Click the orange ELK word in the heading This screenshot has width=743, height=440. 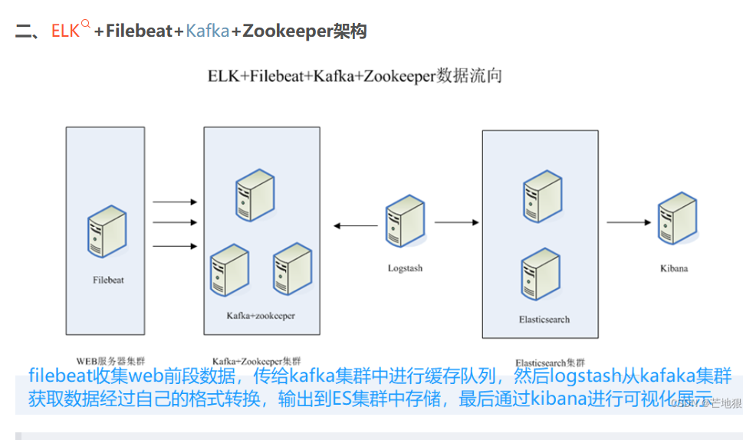(65, 31)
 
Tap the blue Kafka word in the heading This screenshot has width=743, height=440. (207, 31)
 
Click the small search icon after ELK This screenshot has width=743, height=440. (85, 24)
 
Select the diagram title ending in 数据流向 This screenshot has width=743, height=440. (355, 76)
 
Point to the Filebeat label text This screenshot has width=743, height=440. (108, 280)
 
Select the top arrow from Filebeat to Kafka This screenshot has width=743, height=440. (175, 202)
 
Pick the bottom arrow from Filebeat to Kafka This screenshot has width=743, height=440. (175, 246)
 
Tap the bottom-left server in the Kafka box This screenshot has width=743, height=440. (229, 269)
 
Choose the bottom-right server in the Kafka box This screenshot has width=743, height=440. (291, 269)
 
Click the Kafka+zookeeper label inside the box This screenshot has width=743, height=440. (261, 316)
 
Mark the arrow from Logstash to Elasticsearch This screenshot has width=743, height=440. (456, 222)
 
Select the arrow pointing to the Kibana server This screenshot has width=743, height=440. (629, 222)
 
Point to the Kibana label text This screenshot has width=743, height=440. (674, 268)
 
